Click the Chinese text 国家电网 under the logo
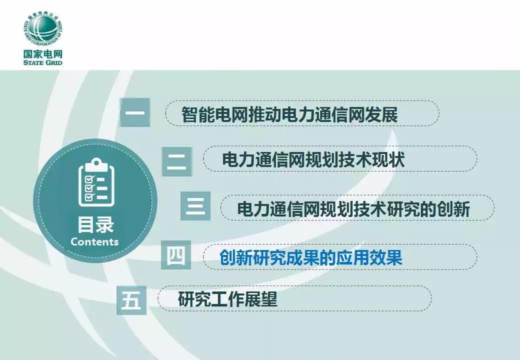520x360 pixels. (43, 54)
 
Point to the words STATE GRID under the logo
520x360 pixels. (43, 62)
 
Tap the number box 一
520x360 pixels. (135, 112)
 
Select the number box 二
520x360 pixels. (177, 161)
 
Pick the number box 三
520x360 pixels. (195, 206)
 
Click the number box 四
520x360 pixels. (176, 255)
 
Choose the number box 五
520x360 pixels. (131, 300)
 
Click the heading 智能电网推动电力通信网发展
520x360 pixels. (289, 114)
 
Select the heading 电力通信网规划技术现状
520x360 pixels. (313, 159)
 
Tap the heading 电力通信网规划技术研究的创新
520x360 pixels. (353, 209)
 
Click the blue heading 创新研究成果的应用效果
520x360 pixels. (310, 257)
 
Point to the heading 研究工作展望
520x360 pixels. (227, 299)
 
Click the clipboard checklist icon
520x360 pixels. (96, 182)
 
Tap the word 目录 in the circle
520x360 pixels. (95, 224)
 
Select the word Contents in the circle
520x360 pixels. (94, 241)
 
